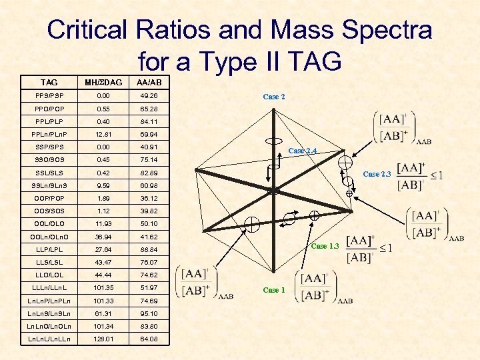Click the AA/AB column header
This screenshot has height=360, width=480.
point(148,83)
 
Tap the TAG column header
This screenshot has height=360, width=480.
point(49,83)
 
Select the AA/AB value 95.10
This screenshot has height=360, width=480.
point(148,313)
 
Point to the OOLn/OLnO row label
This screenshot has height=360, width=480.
point(49,236)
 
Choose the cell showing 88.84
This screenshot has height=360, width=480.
point(148,249)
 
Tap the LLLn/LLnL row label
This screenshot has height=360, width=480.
point(49,287)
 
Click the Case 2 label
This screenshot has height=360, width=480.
point(274,97)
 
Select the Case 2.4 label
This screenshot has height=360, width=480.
point(302,151)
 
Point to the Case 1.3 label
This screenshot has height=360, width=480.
point(325,246)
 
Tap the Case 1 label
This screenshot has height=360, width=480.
point(274,290)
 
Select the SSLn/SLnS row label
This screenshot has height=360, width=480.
point(49,185)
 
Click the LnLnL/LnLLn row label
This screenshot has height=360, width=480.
point(49,338)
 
